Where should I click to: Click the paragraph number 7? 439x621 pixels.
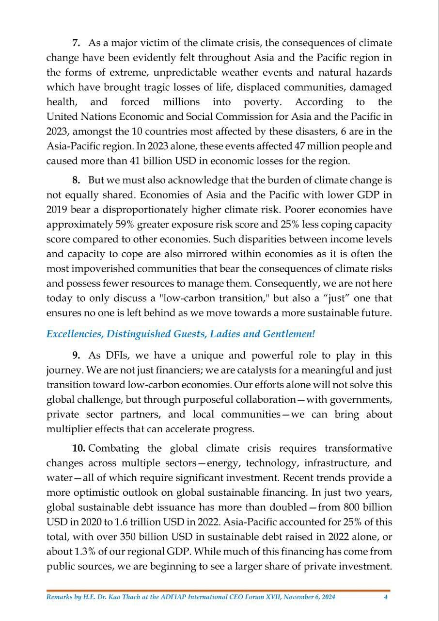76,43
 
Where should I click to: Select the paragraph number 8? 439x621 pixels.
76,180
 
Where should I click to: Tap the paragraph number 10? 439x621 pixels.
79,448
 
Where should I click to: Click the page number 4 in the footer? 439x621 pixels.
386,597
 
